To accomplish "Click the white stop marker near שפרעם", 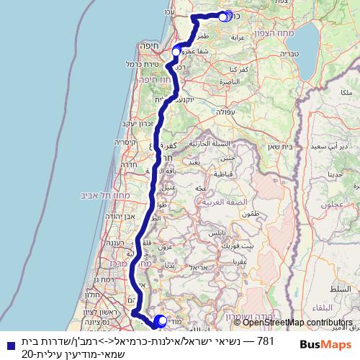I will click(x=176, y=51).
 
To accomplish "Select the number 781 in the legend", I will click(x=266, y=340).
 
